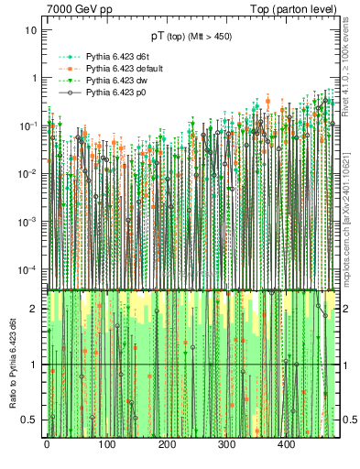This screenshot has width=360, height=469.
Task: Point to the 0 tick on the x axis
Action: (x=47, y=445)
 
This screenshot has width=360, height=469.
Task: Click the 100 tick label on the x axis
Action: (x=106, y=445)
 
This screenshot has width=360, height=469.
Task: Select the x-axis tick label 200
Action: (x=167, y=445)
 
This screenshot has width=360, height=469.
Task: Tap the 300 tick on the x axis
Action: (x=226, y=445)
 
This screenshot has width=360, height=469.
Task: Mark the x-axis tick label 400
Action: (x=287, y=445)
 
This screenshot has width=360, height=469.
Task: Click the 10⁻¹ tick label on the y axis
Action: (x=28, y=125)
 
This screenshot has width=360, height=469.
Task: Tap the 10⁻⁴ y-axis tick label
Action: (x=28, y=269)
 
